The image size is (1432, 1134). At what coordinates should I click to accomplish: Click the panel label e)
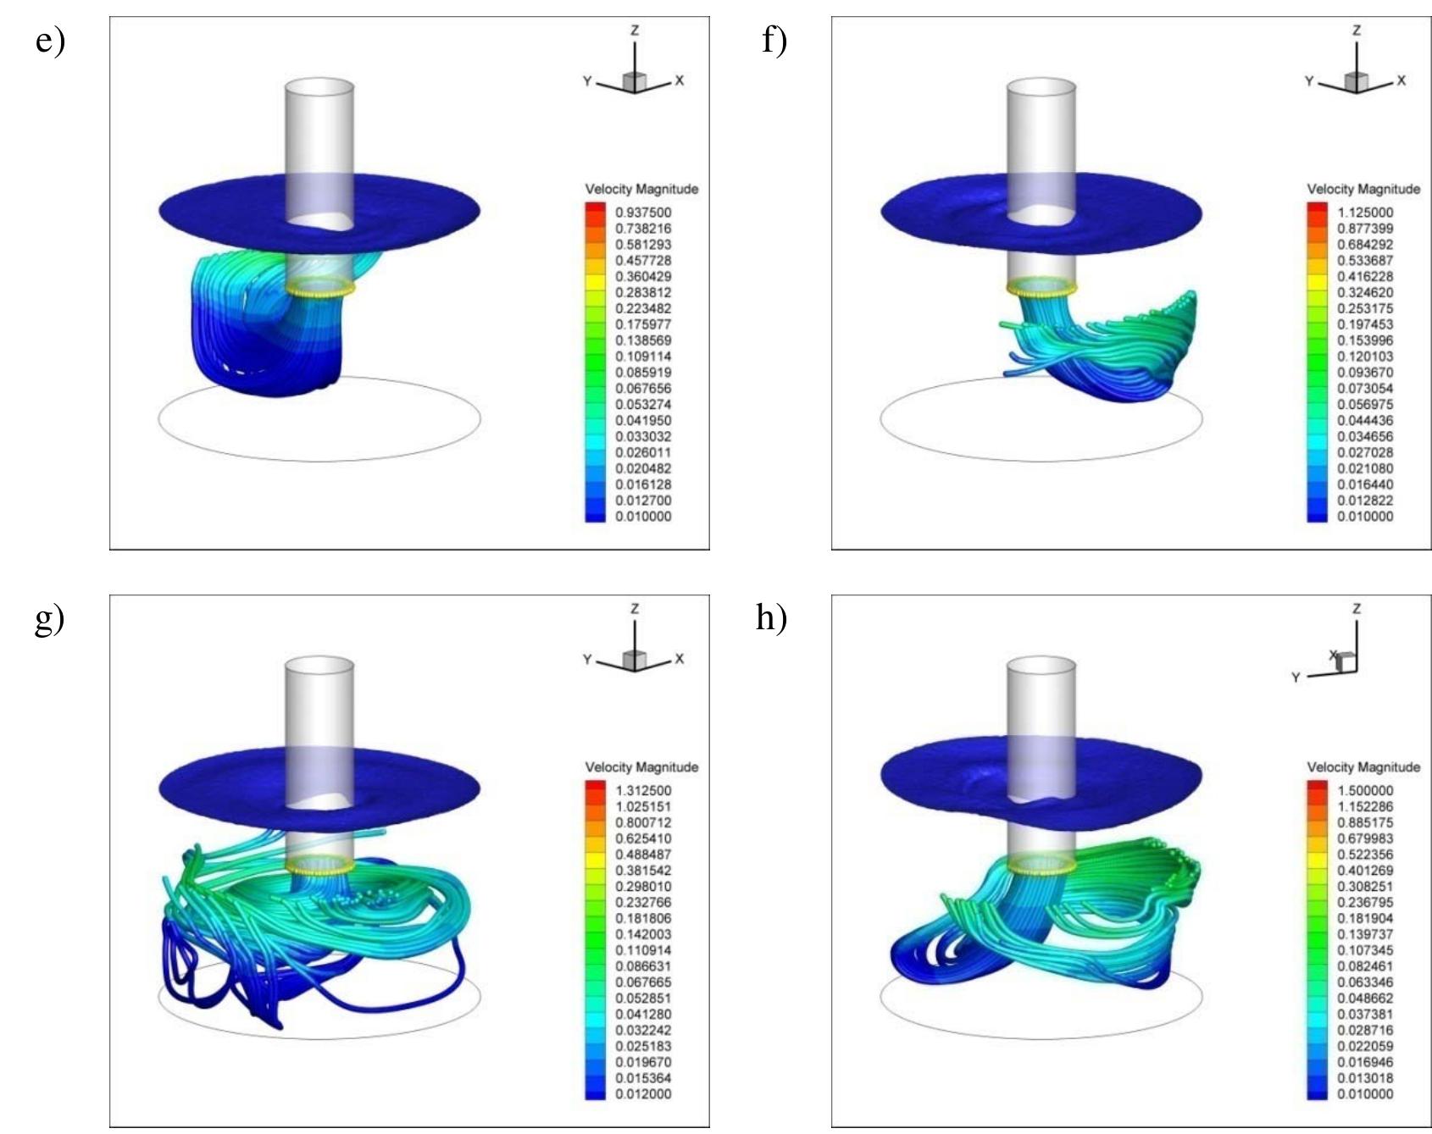[50, 41]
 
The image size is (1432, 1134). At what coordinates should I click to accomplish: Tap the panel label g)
[50, 618]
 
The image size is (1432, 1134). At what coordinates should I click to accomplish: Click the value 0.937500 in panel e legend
[643, 213]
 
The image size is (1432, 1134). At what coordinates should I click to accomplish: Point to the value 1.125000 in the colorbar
[1365, 213]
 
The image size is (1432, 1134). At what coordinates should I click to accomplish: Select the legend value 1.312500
[643, 790]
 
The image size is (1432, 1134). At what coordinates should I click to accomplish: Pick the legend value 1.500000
[1365, 790]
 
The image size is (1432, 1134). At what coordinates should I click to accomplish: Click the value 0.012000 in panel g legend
[643, 1094]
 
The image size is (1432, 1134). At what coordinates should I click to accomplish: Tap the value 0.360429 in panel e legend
[643, 277]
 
